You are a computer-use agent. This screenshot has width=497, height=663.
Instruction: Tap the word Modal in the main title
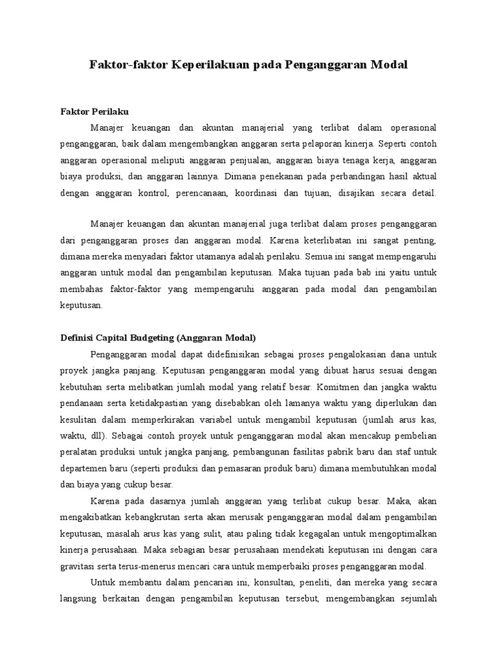(388, 65)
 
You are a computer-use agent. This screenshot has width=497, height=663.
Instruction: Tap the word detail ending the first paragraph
(424, 193)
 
